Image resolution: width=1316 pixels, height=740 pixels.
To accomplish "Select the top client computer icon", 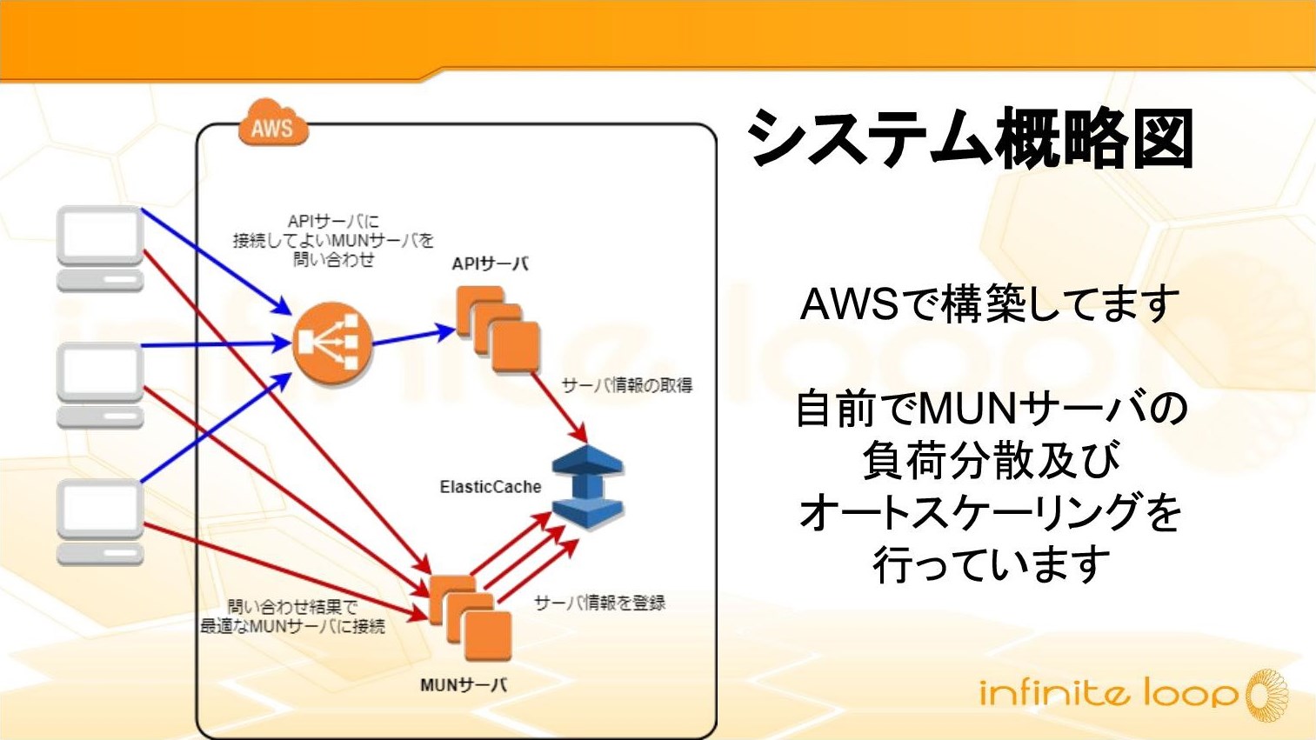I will tap(100, 248).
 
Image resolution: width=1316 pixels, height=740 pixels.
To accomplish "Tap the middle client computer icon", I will tap(100, 384).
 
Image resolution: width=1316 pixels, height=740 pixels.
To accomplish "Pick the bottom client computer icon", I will tap(100, 522).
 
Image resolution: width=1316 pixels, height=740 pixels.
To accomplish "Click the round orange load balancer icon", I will tap(332, 344).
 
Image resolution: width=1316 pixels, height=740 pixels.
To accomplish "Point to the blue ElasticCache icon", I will tap(588, 487).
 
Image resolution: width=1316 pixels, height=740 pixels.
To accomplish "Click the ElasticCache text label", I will tap(490, 487).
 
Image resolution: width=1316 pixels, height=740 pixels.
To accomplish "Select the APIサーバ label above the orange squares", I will tap(490, 264).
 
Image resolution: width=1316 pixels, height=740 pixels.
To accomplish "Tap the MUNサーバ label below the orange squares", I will tap(463, 685).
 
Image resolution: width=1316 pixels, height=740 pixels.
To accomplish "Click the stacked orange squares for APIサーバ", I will tap(498, 331).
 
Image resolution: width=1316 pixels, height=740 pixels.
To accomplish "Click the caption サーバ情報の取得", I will tap(626, 385).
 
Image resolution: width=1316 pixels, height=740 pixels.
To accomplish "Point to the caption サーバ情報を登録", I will tap(599, 603).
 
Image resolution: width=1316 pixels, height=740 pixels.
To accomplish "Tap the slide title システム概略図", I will tap(971, 139).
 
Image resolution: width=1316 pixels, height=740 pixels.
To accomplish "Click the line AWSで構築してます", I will tap(989, 304).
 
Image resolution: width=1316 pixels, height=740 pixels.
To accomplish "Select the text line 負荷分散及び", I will tap(991, 460).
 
